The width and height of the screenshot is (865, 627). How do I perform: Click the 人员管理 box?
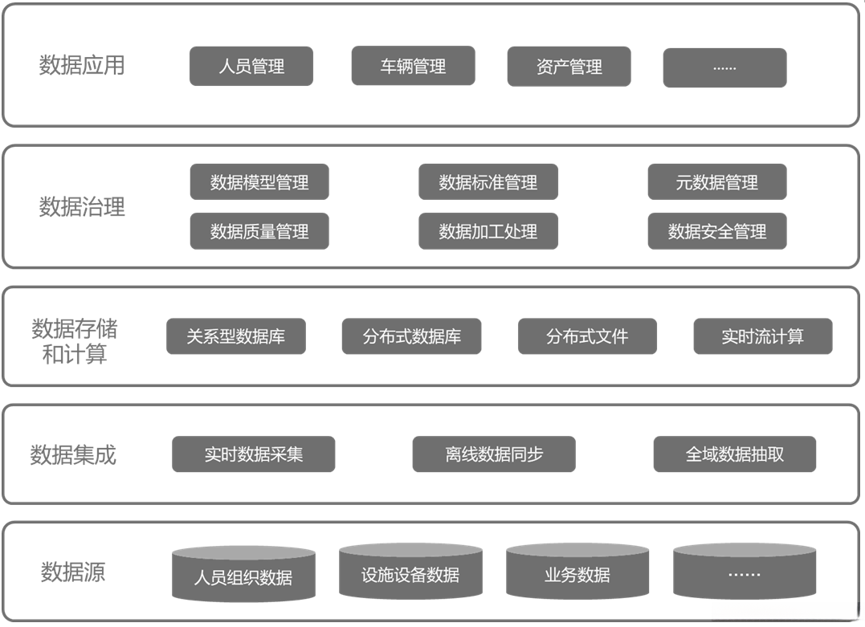click(x=251, y=66)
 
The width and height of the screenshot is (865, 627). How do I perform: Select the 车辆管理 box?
click(x=413, y=66)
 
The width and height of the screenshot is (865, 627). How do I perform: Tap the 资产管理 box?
click(x=569, y=67)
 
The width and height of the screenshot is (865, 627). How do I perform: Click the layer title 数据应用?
click(x=82, y=65)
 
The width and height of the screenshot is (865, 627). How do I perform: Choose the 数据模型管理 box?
click(x=259, y=182)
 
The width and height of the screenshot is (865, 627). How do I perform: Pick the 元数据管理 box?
click(x=716, y=182)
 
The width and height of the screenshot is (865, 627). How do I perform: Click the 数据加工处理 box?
click(x=488, y=231)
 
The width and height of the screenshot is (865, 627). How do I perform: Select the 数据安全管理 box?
click(x=716, y=231)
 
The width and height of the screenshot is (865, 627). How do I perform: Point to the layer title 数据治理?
click(x=82, y=207)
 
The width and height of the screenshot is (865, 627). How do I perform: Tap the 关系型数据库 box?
click(x=235, y=336)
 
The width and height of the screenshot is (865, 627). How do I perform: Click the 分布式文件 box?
click(x=587, y=336)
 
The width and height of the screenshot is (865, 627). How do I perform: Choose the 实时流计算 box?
click(x=762, y=336)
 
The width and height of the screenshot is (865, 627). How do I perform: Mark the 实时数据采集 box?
click(x=253, y=454)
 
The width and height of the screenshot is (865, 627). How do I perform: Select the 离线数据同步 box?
click(x=494, y=454)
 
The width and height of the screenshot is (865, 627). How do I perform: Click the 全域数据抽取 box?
click(x=734, y=454)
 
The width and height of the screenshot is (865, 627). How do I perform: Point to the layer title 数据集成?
click(x=73, y=455)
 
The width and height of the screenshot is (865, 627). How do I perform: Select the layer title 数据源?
click(x=73, y=572)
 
